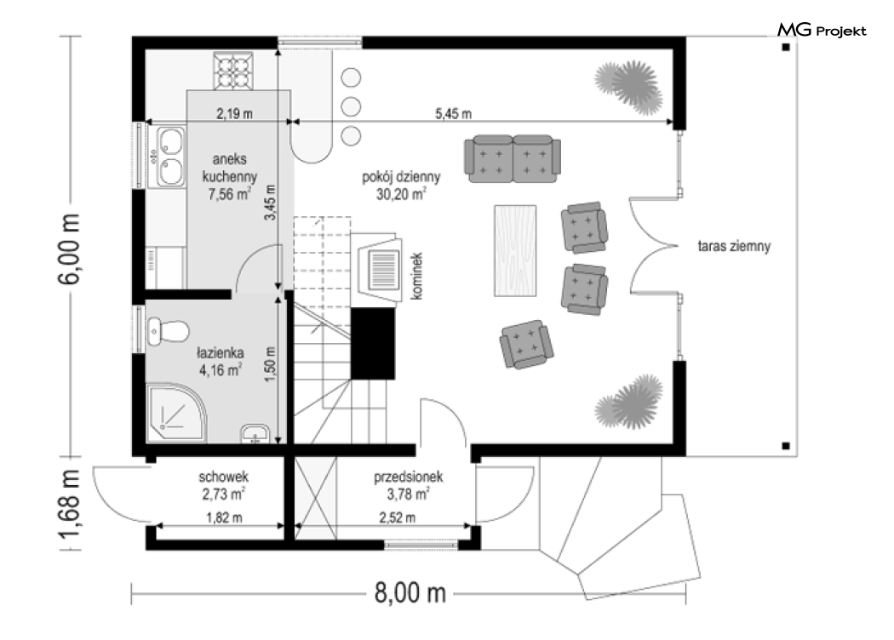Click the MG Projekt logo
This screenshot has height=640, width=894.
tap(822, 30)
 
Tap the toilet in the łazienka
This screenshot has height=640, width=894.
tap(168, 331)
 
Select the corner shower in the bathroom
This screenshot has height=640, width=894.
tap(176, 413)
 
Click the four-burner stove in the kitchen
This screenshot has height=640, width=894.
tap(233, 71)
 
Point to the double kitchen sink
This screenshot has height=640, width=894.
tap(170, 156)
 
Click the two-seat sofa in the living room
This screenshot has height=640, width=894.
tap(513, 158)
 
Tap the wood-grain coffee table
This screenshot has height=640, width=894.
tap(515, 251)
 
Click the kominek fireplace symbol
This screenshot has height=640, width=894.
tap(376, 269)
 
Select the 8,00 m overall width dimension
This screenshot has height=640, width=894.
tap(410, 592)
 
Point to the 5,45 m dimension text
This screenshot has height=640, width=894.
tap(453, 113)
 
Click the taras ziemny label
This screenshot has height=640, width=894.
tap(734, 246)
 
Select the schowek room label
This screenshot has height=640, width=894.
tap(223, 476)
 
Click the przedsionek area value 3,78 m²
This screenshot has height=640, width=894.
tap(408, 494)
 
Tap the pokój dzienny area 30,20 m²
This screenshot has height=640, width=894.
tap(401, 194)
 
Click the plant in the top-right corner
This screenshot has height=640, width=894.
tap(629, 86)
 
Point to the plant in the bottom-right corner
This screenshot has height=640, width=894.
tap(629, 402)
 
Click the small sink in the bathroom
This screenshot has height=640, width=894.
tap(255, 434)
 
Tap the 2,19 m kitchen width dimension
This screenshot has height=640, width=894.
tap(234, 113)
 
